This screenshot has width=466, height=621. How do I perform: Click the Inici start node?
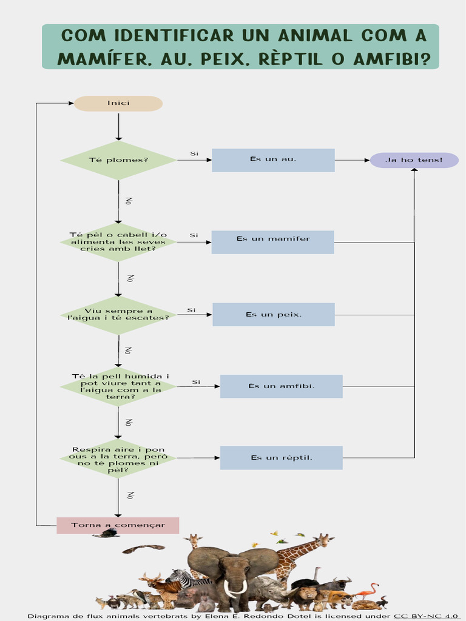[118, 103]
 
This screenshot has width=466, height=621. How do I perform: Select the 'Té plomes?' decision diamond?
[118, 160]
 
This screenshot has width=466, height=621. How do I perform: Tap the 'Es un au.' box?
[273, 159]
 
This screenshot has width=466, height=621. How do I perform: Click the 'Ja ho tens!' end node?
[414, 160]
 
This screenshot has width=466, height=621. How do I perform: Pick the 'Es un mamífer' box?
[273, 242]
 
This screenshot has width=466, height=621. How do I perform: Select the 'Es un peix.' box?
[273, 314]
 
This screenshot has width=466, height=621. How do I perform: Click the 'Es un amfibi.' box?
[281, 386]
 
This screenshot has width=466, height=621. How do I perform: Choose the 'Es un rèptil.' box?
[281, 458]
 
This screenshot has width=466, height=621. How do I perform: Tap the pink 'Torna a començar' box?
[118, 525]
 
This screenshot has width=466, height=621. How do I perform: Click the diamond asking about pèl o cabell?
[118, 242]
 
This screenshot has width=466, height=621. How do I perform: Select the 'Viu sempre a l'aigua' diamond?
[118, 315]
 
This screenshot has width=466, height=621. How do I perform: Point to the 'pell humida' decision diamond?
[118, 386]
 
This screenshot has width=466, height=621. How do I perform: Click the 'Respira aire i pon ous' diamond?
[118, 458]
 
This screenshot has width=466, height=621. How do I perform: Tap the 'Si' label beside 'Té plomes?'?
[194, 153]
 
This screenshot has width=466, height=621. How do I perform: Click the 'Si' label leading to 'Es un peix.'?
[191, 310]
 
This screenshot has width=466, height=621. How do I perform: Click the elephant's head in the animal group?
[235, 570]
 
